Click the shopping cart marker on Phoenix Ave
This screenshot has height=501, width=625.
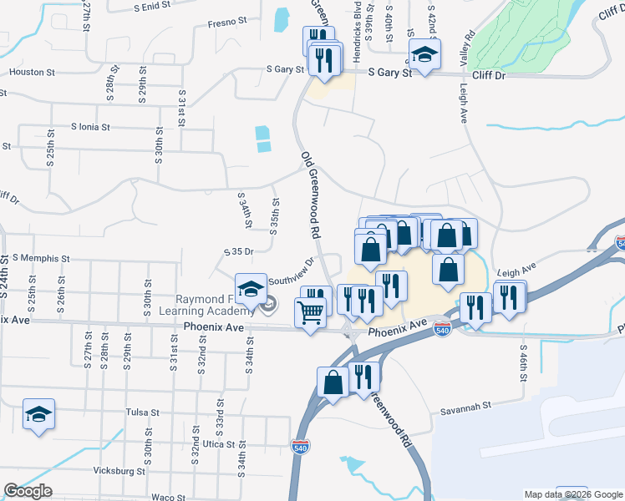[x=311, y=314]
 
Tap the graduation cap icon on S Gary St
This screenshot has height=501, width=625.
[x=424, y=56]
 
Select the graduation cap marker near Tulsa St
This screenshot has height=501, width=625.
[x=38, y=416]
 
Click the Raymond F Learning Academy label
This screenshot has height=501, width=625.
[x=221, y=306]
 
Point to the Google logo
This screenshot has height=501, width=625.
[x=28, y=491]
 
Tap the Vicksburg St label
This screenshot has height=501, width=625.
[x=118, y=471]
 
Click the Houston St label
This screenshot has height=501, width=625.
[x=32, y=72]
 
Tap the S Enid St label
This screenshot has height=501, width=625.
[x=152, y=5]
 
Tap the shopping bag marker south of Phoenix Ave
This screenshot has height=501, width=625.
[x=333, y=384]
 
